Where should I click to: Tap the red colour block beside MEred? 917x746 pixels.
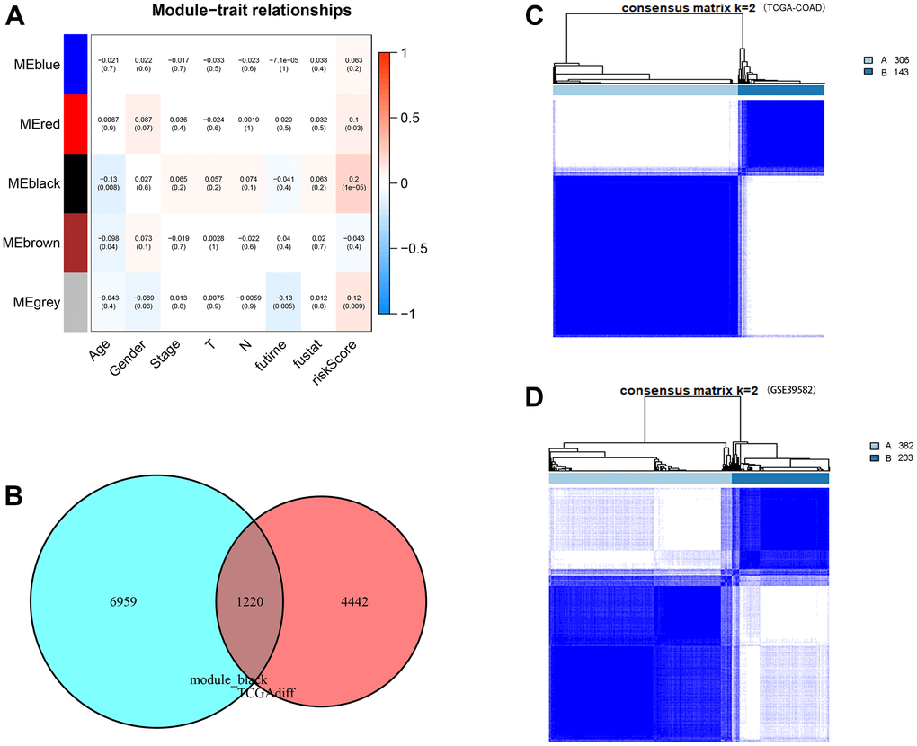76,123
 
